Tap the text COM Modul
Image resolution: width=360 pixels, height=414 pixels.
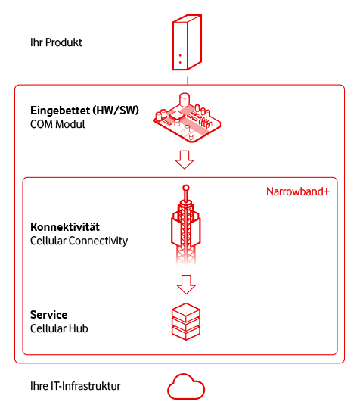point(57,124)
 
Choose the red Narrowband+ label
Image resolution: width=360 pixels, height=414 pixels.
point(298,192)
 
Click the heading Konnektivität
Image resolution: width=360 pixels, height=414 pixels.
point(66,227)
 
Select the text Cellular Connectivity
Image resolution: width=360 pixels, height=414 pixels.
point(79,241)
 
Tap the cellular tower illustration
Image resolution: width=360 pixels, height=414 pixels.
point(185,227)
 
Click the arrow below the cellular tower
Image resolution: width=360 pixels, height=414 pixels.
point(185,284)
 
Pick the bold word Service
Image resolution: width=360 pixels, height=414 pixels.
point(49,314)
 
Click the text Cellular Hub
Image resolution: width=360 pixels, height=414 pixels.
point(59,328)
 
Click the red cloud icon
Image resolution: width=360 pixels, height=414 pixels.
point(185,386)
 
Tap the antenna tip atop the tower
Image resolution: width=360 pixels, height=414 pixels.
point(185,187)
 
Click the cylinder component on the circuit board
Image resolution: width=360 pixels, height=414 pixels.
point(184,100)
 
